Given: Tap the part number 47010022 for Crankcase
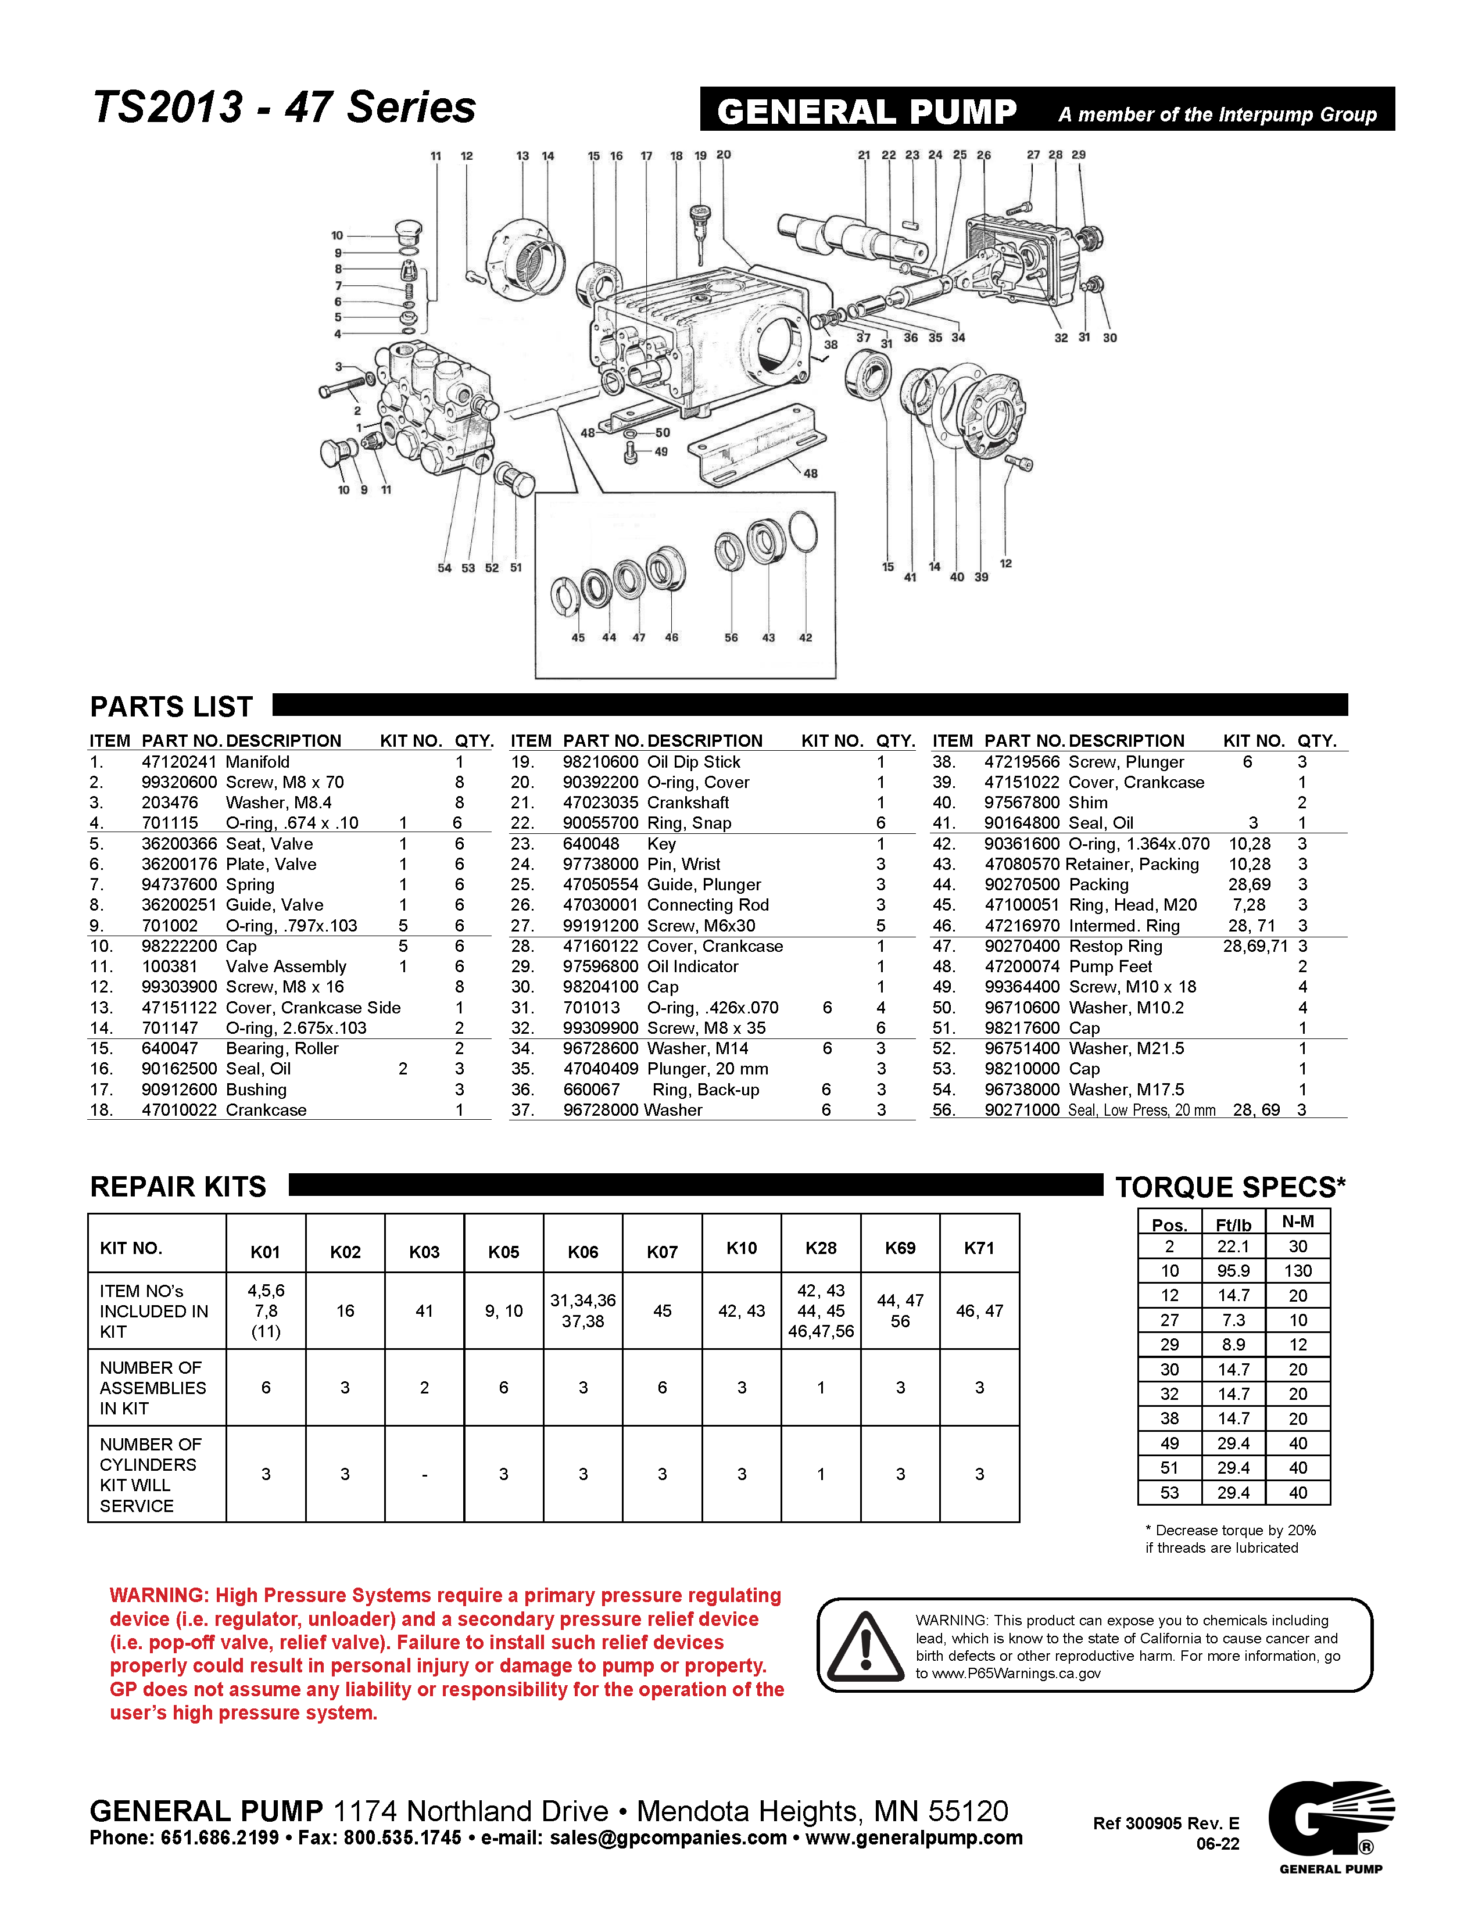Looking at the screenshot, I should pos(178,1110).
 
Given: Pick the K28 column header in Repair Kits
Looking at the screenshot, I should pos(821,1248).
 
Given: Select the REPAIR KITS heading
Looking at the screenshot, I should pos(178,1187).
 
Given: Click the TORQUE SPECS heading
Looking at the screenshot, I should pos(1230,1187).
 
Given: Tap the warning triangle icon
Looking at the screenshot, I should pos(865,1646).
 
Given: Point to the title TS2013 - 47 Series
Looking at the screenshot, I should pos(284,108).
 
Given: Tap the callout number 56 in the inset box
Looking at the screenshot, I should pos(731,638).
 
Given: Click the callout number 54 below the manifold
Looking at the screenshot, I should pos(445,568).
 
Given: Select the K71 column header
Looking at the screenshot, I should pos(979,1248).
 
